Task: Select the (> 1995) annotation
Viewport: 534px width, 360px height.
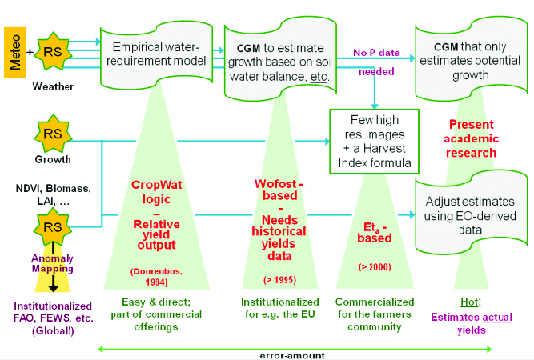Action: tap(275, 279)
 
